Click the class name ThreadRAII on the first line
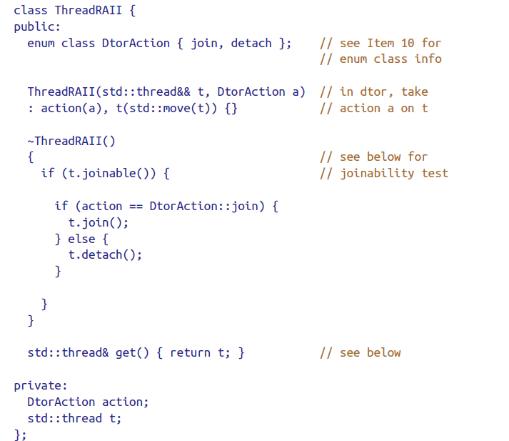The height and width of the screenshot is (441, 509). tap(85, 10)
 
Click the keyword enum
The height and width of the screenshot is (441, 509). tap(41, 43)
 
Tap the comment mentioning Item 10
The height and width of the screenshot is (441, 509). tap(381, 43)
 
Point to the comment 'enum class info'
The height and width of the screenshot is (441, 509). tap(381, 59)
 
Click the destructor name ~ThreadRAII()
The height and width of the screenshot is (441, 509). tap(71, 141)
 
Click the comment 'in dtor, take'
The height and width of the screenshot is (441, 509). tap(373, 91)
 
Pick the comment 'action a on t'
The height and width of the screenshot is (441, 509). tap(373, 108)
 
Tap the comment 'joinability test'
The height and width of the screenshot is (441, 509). tap(384, 173)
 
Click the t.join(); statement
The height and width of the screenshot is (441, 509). tap(99, 222)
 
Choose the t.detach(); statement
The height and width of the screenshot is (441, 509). tap(105, 255)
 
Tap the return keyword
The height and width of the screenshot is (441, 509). tap(190, 352)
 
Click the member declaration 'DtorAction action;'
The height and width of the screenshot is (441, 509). tap(88, 402)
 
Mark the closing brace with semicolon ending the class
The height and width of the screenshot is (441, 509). tap(20, 435)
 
